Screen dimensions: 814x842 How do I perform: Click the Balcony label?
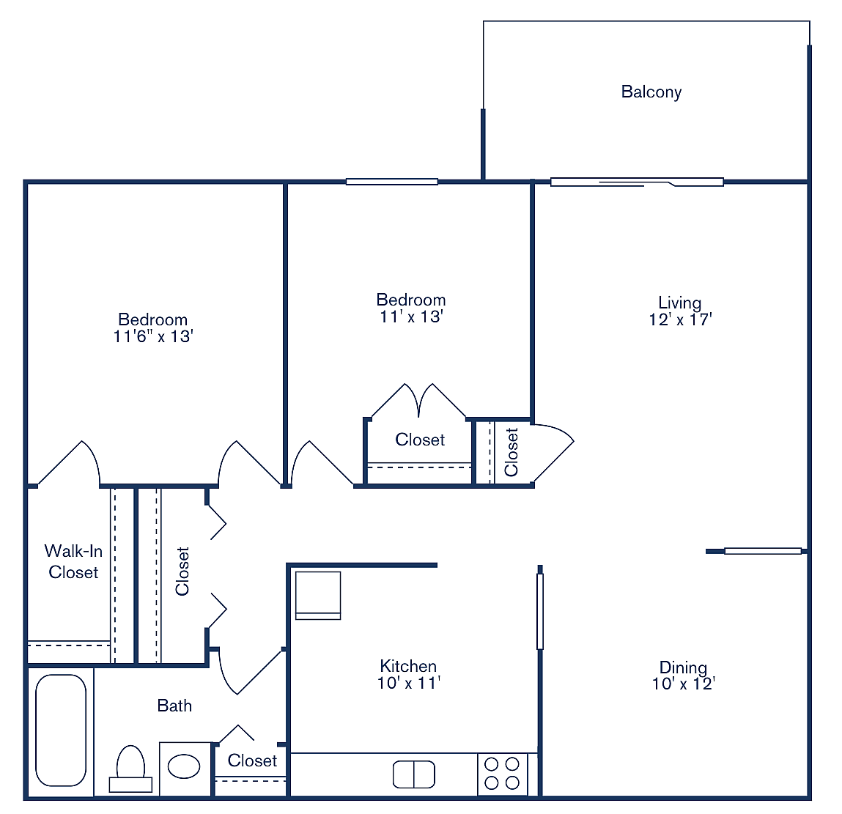651,92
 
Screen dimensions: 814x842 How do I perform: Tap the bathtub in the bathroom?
61,730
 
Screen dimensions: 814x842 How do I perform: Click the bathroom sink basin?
184,766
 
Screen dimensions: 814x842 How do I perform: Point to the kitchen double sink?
413,774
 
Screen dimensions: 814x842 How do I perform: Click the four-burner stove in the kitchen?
502,774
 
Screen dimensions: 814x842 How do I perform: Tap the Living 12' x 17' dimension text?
680,319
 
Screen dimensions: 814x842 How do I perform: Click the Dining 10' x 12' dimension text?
683,684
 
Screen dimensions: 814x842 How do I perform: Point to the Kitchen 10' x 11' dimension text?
408,683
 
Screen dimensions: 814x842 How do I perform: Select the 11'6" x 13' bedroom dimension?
152,336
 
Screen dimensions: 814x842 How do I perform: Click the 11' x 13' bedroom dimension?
410,317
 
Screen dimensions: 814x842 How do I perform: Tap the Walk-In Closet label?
73,561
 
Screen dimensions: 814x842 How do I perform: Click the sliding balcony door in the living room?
636,182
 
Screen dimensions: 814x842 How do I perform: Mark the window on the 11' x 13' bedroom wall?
391,182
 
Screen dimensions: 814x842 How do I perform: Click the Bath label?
174,706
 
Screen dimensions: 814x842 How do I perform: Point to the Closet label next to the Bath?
252,761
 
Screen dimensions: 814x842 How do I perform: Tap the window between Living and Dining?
762,551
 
